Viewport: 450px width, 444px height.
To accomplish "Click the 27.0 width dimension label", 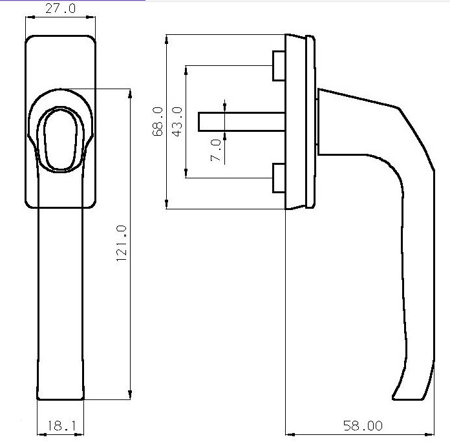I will point(59,8).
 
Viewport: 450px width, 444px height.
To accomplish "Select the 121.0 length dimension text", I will point(121,244).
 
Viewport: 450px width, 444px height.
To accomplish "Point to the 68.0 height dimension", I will point(157,122).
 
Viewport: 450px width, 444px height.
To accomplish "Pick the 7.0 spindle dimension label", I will point(216,150).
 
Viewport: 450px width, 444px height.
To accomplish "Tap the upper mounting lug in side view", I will point(278,65).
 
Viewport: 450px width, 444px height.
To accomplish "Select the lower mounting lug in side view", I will point(278,178).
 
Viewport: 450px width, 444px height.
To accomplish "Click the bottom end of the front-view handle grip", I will point(60,396).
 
